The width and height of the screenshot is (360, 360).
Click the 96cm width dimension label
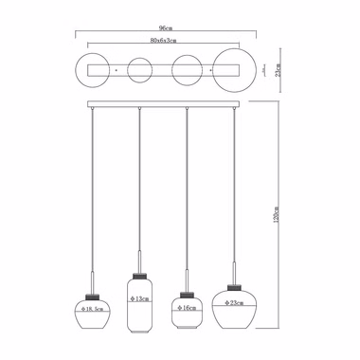pyautogui.click(x=166, y=28)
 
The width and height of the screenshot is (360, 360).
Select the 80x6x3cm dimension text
pyautogui.click(x=163, y=41)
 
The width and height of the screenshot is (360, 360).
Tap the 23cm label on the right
pyautogui.click(x=278, y=70)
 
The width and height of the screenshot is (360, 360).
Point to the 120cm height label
pyautogui.click(x=276, y=215)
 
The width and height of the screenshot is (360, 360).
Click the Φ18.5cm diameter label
pyautogui.click(x=93, y=309)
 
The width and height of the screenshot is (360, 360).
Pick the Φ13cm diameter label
pyautogui.click(x=139, y=298)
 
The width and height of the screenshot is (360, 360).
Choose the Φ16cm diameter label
pyautogui.click(x=187, y=308)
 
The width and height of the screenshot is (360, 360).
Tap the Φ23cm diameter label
pyautogui.click(x=234, y=303)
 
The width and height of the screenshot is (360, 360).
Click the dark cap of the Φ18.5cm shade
pyautogui.click(x=93, y=297)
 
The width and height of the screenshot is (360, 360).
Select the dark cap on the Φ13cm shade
pyautogui.click(x=139, y=277)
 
